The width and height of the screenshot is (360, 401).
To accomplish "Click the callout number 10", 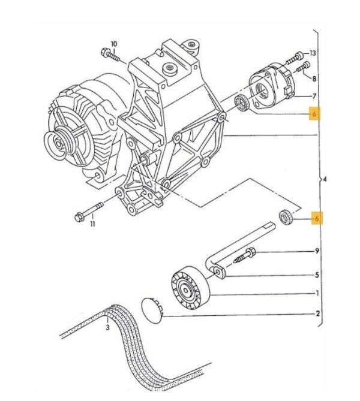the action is [x=114, y=44].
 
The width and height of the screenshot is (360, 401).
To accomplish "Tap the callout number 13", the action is [x=313, y=53].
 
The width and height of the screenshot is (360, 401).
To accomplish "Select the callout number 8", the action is [x=314, y=79].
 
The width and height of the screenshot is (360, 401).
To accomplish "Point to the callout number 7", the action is [x=314, y=96].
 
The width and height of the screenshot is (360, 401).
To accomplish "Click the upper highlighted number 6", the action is [x=314, y=113].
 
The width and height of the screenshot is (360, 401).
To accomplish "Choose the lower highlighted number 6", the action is [x=317, y=218].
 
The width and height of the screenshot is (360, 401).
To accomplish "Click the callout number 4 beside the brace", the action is [x=325, y=179].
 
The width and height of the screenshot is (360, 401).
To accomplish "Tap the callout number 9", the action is [x=317, y=251].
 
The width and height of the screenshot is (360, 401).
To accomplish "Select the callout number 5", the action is [x=317, y=275].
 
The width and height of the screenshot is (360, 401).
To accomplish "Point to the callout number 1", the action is [x=317, y=293].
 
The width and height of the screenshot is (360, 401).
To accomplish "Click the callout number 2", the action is [x=318, y=313].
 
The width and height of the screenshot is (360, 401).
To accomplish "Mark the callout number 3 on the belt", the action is [x=107, y=327].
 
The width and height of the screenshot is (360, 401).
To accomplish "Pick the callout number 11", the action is [x=92, y=224].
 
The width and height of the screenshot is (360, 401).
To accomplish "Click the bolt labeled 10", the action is [x=110, y=55].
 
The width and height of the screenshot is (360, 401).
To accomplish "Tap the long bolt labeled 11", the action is [x=89, y=212].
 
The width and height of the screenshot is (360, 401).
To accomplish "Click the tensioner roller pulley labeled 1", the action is [x=190, y=288].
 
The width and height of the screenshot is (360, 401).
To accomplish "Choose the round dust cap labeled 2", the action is [x=152, y=310].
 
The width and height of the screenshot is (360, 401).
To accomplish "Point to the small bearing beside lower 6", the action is [x=285, y=217].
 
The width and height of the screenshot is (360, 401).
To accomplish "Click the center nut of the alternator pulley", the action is [x=59, y=144].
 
